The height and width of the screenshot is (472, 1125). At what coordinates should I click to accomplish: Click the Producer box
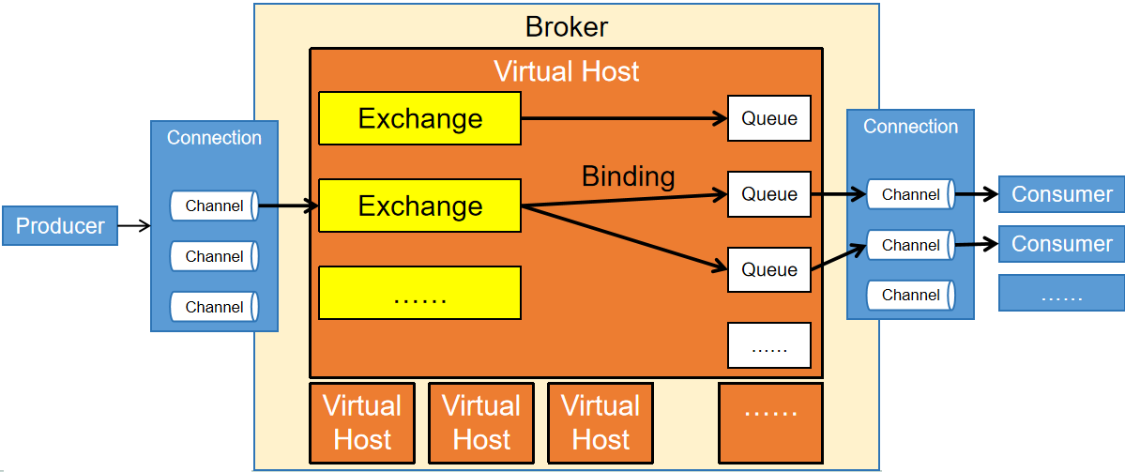[60, 226]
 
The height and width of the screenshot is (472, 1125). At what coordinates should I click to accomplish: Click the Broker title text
[566, 25]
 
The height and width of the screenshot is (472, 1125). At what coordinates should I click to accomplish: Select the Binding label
[628, 175]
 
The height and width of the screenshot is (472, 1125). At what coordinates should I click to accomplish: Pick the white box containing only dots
[769, 345]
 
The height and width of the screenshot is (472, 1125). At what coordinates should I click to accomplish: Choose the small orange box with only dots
[770, 410]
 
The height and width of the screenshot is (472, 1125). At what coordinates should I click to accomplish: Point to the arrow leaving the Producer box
[134, 225]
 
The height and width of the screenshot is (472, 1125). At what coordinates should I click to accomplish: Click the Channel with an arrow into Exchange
[214, 206]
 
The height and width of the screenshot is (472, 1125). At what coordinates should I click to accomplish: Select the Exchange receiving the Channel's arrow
[419, 206]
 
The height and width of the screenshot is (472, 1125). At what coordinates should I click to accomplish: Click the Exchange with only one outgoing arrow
[419, 118]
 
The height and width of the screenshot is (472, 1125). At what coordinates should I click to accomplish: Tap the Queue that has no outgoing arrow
[769, 118]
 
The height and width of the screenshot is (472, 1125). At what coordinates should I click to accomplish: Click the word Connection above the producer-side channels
[214, 138]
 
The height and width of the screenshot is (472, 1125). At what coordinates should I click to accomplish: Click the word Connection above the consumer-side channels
[910, 127]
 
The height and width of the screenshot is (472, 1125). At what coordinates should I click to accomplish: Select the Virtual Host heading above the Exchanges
[566, 71]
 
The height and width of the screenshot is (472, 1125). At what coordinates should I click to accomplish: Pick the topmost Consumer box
[1061, 194]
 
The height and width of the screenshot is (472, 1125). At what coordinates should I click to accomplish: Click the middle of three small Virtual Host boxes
[481, 422]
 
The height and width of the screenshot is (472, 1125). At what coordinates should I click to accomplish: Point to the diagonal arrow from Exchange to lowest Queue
[624, 238]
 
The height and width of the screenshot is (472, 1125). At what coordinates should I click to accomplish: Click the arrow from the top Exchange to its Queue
[624, 118]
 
